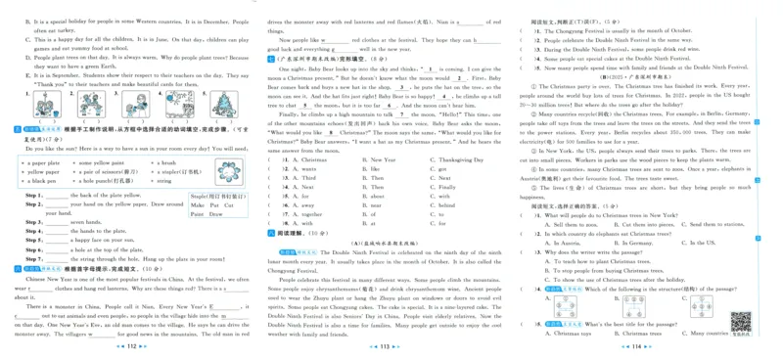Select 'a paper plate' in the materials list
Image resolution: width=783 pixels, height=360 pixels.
(x=43, y=162)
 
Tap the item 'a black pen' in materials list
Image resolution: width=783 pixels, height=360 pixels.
(x=41, y=181)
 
